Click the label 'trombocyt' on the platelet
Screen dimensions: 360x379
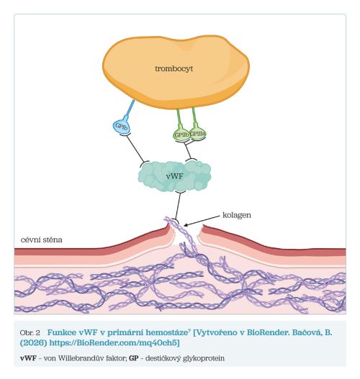[x=174, y=68]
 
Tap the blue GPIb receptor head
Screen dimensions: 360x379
[x=121, y=126]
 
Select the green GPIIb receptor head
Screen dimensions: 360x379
[x=181, y=134]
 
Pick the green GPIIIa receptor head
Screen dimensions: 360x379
[x=198, y=134]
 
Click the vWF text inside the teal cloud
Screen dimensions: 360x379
[x=175, y=176]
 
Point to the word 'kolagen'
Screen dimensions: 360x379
[x=237, y=215]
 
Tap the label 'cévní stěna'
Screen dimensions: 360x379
[x=42, y=239]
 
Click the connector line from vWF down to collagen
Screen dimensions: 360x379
[x=178, y=206]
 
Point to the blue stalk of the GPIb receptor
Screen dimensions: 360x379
[x=130, y=108]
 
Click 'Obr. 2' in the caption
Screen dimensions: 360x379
[x=30, y=333]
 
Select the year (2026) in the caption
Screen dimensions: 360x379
[x=34, y=343]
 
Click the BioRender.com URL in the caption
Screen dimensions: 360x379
[x=114, y=343]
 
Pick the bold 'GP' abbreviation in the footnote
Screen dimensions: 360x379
[x=133, y=358]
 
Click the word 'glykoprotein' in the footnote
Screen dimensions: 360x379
[x=204, y=358]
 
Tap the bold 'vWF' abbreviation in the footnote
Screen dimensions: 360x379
[x=28, y=358]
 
